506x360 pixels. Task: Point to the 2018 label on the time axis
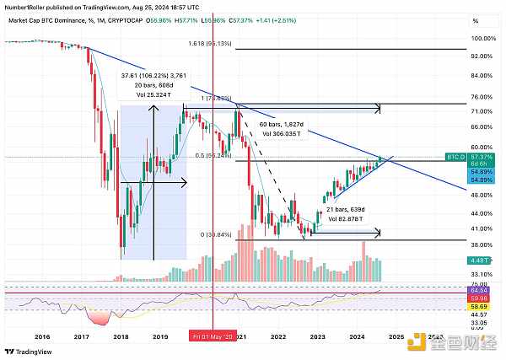click(x=120, y=336)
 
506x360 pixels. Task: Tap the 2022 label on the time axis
click(x=278, y=336)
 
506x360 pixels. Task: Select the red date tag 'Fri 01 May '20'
click(x=212, y=336)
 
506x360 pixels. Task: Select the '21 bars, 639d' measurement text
click(x=342, y=207)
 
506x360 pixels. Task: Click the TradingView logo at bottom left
click(x=32, y=352)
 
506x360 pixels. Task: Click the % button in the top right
click(x=476, y=20)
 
